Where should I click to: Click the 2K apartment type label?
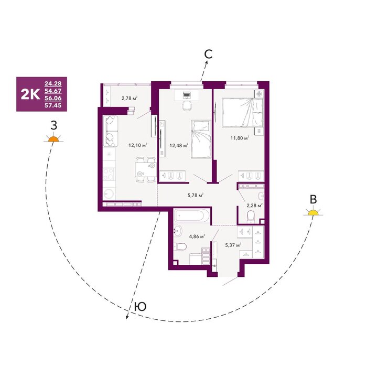pyautogui.click(x=30, y=94)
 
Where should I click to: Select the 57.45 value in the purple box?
pyautogui.click(x=53, y=105)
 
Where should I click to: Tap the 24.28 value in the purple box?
pyautogui.click(x=53, y=83)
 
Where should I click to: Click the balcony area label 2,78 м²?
pyautogui.click(x=129, y=98)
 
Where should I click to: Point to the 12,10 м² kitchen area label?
pyautogui.click(x=137, y=145)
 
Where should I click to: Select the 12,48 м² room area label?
pyautogui.click(x=179, y=146)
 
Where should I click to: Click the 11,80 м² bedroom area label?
pyautogui.click(x=240, y=138)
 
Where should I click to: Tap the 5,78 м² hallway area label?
pyautogui.click(x=196, y=195)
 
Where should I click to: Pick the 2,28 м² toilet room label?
pyautogui.click(x=254, y=206)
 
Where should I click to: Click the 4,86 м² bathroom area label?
pyautogui.click(x=197, y=236)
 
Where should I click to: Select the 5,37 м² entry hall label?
pyautogui.click(x=233, y=245)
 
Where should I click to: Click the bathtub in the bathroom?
pyautogui.click(x=192, y=215)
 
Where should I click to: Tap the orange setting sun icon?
pyautogui.click(x=53, y=138)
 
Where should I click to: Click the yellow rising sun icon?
pyautogui.click(x=313, y=212)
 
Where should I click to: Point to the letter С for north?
pyautogui.click(x=208, y=54)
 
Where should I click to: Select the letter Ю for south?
pyautogui.click(x=141, y=306)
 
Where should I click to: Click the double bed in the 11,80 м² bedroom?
pyautogui.click(x=242, y=113)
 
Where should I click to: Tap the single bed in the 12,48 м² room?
pyautogui.click(x=201, y=139)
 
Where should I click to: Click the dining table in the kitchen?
pyautogui.click(x=146, y=170)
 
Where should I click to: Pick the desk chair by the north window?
pyautogui.click(x=187, y=106)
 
